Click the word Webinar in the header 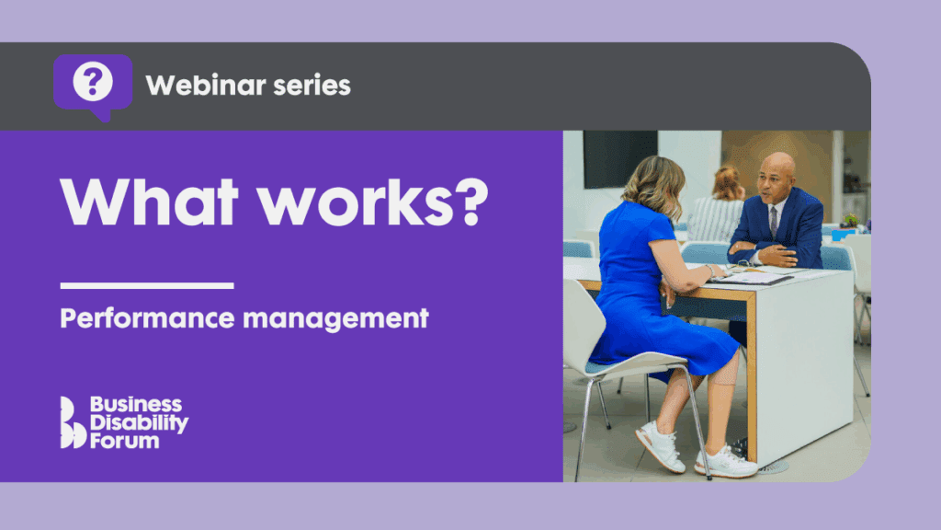click(205, 86)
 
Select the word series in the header click(312, 86)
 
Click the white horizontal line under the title click(147, 285)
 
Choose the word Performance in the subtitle click(147, 318)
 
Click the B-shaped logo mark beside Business click(73, 422)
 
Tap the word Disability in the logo click(139, 423)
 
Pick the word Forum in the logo click(124, 441)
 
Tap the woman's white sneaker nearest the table click(726, 462)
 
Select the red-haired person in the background click(717, 204)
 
